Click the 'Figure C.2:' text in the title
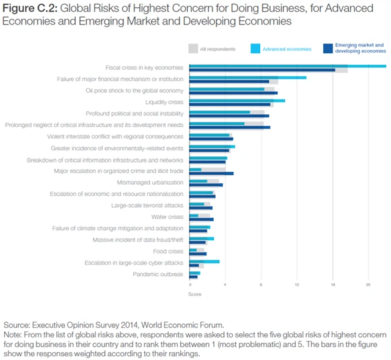tap(29, 8)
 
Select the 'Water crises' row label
tap(167, 216)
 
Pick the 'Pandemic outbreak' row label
tap(158, 274)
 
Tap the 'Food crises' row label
tap(168, 251)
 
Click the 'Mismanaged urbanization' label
tap(150, 182)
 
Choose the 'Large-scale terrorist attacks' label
tap(147, 205)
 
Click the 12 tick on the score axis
tap(297, 285)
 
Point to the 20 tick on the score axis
tap(368, 285)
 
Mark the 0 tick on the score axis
tap(190, 285)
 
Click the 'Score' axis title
tap(195, 294)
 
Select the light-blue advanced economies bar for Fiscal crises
tap(287, 66)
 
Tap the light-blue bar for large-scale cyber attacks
tap(205, 262)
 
